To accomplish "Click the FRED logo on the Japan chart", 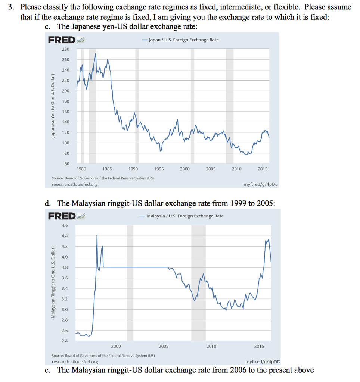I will (62, 40).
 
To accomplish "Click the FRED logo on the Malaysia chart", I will (62, 216).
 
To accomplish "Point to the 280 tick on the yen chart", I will (66, 49).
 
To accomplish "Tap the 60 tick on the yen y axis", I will (67, 164).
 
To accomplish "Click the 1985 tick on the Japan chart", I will (106, 169).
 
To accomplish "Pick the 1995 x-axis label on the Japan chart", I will (159, 169).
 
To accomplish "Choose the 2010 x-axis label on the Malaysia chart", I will (211, 347).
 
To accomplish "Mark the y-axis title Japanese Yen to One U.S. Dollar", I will (53, 106).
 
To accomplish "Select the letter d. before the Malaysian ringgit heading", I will (48, 203).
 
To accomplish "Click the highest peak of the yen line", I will (96, 54).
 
